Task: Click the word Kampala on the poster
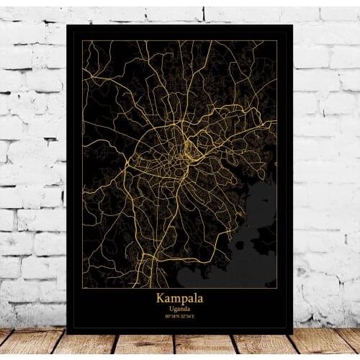tap(179, 297)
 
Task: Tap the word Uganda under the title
tap(179, 307)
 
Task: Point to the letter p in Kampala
tap(181, 298)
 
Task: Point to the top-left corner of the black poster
tap(67, 25)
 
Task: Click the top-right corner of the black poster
tap(292, 25)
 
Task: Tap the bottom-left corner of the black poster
tap(67, 333)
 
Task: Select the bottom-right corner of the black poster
tap(292, 333)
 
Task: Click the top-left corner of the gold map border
tap(83, 41)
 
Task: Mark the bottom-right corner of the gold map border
tap(277, 288)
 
